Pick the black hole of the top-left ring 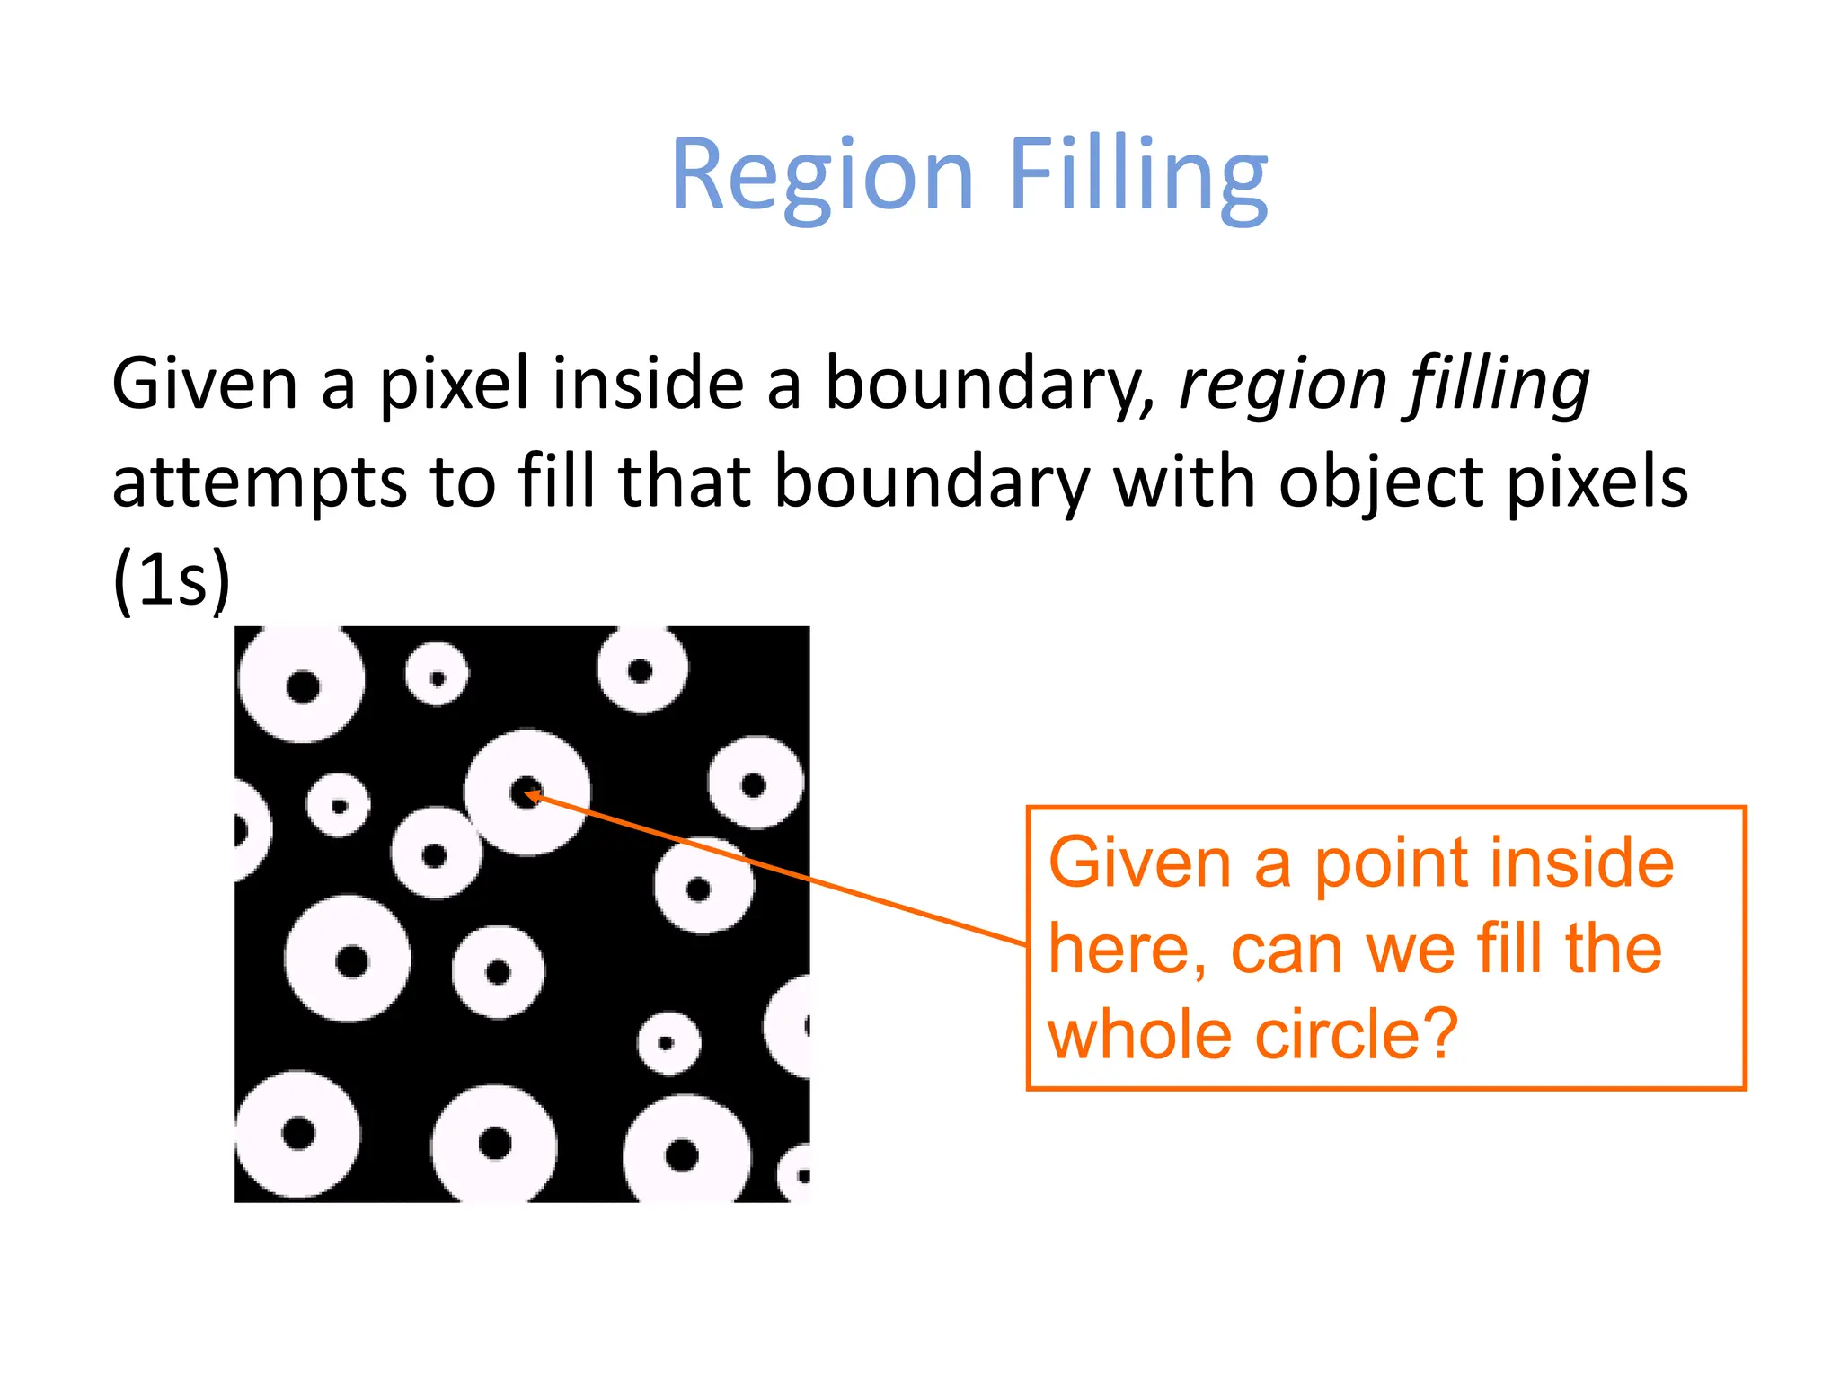pos(303,687)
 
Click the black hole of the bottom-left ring pos(298,1133)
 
